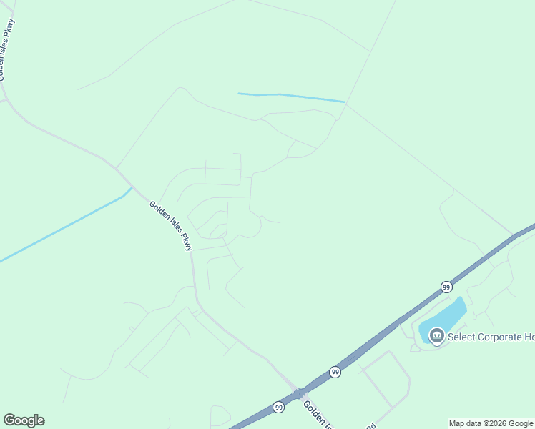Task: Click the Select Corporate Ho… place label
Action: click(x=491, y=337)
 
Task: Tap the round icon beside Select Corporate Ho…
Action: click(x=436, y=335)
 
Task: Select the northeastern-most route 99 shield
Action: click(x=446, y=287)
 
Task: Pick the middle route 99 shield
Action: click(x=335, y=372)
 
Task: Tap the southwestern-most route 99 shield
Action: click(x=278, y=407)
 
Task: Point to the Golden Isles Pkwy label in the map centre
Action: click(x=171, y=226)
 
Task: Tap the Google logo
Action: click(x=24, y=420)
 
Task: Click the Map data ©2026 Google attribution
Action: click(x=491, y=423)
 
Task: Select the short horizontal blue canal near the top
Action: click(x=290, y=96)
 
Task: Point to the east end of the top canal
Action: click(x=343, y=102)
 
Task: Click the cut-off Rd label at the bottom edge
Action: click(x=370, y=425)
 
